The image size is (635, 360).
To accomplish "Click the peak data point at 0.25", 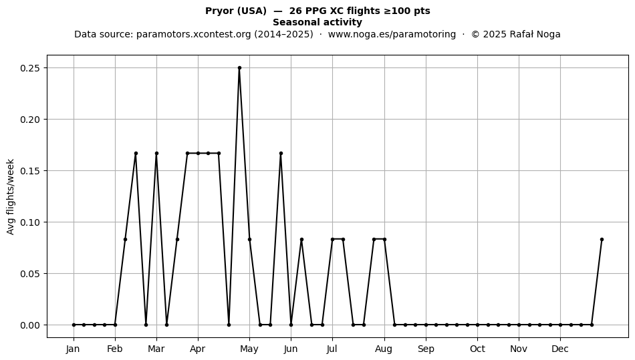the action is [x=239, y=68].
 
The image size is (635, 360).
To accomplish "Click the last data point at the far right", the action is [x=602, y=240].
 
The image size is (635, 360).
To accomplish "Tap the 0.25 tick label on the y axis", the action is [x=30, y=68].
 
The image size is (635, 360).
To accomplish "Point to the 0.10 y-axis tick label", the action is [x=30, y=222].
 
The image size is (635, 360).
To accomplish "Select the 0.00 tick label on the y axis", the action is [x=30, y=325].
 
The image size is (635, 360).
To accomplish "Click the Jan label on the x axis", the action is [x=74, y=349].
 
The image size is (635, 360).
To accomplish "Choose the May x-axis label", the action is [x=249, y=349].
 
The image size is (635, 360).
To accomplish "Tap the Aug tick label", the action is [x=384, y=349].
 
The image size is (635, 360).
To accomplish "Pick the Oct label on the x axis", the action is [x=477, y=349].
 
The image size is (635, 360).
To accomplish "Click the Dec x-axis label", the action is [x=560, y=349].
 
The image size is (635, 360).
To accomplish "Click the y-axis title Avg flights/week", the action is [x=11, y=196].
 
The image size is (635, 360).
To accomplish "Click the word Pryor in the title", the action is [x=219, y=11].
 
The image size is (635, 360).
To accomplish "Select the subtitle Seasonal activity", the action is [x=317, y=22].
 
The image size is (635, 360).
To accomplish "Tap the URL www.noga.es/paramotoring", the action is [x=392, y=34].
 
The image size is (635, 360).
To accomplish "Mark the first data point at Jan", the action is [x=74, y=325].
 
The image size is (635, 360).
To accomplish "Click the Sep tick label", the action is [x=426, y=349].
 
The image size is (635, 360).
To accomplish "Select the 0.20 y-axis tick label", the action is [x=30, y=120].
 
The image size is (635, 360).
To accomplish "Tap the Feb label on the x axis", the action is [x=114, y=349].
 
